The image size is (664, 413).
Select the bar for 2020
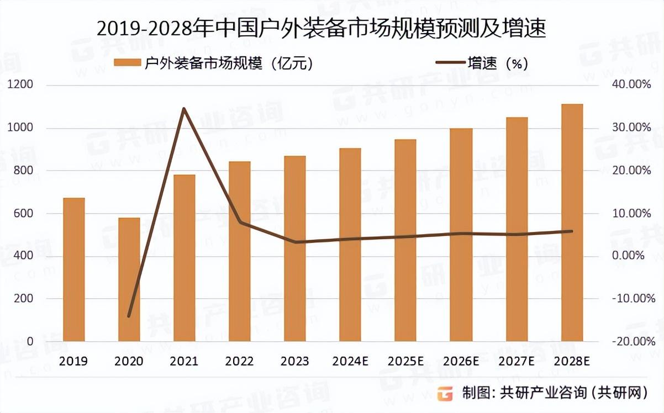[129, 279]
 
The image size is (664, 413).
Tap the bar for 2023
[294, 248]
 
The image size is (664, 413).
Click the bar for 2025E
[405, 240]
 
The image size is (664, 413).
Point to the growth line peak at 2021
[184, 108]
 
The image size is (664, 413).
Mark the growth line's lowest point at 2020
[129, 316]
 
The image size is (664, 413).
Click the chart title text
[321, 29]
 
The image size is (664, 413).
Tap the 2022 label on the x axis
[239, 361]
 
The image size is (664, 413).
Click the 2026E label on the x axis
[460, 361]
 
